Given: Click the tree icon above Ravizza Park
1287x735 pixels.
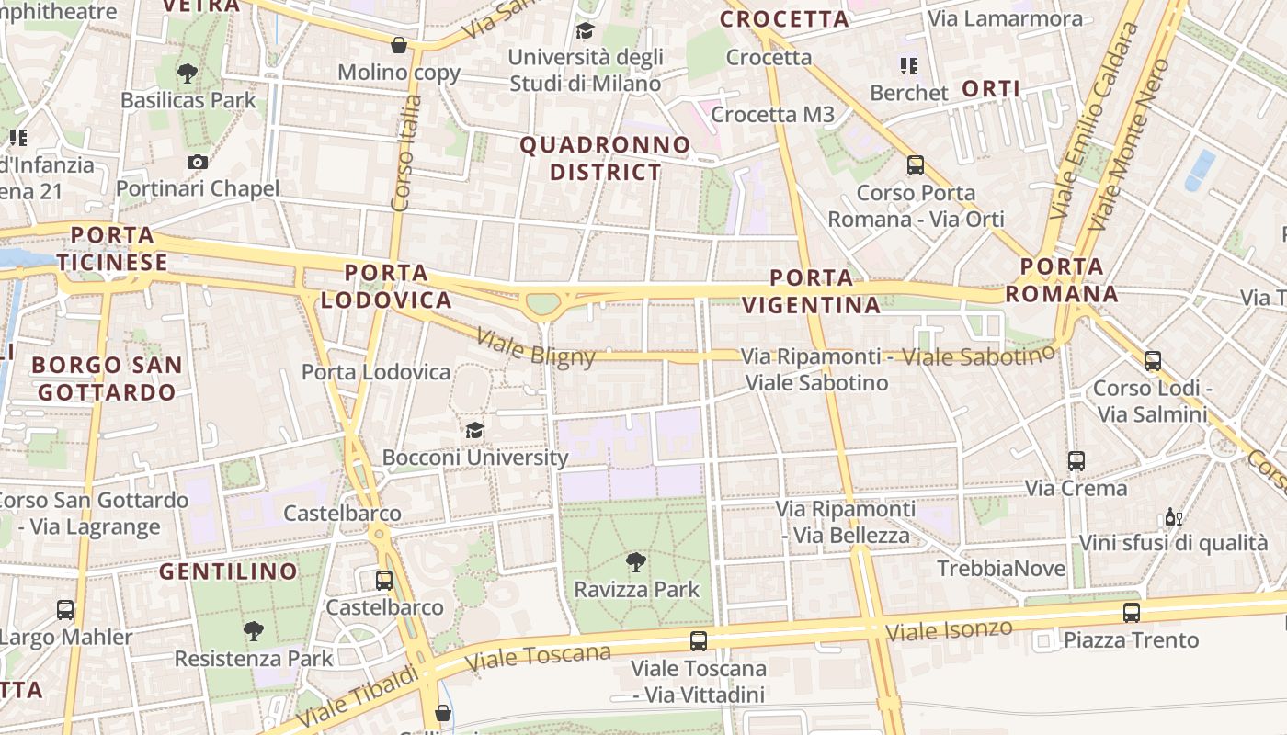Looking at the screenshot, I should pyautogui.click(x=634, y=562).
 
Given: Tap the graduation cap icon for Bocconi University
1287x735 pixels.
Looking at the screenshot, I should pyautogui.click(x=474, y=430).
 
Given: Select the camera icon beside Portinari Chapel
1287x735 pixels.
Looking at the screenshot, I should pyautogui.click(x=197, y=163).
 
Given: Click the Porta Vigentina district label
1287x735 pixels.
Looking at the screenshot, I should pyautogui.click(x=811, y=291).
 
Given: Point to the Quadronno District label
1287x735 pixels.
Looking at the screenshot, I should pyautogui.click(x=605, y=158).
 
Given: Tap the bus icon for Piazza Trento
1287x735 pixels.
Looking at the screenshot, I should pyautogui.click(x=1131, y=612).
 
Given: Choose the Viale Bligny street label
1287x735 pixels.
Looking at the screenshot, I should pyautogui.click(x=535, y=346).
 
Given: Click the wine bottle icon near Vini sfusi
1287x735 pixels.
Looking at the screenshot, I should pyautogui.click(x=1173, y=516).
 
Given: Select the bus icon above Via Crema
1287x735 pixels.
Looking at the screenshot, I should pyautogui.click(x=1076, y=460).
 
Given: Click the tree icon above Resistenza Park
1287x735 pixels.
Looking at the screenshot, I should pyautogui.click(x=253, y=630).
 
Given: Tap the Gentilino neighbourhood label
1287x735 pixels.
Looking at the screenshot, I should pyautogui.click(x=228, y=571).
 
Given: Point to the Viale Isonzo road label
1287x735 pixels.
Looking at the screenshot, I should pyautogui.click(x=949, y=631).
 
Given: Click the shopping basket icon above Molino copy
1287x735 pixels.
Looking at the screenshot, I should pyautogui.click(x=399, y=44).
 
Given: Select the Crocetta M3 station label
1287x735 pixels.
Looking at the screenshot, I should pyautogui.click(x=772, y=114).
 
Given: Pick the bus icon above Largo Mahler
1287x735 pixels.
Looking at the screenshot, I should pyautogui.click(x=64, y=609).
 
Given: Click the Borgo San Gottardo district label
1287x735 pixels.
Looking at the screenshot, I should pyautogui.click(x=107, y=379).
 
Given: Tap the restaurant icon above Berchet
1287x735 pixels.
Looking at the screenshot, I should pyautogui.click(x=908, y=65).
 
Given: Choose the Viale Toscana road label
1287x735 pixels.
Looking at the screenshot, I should pyautogui.click(x=538, y=656).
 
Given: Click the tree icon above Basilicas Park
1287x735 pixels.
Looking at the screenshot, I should pyautogui.click(x=188, y=73).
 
